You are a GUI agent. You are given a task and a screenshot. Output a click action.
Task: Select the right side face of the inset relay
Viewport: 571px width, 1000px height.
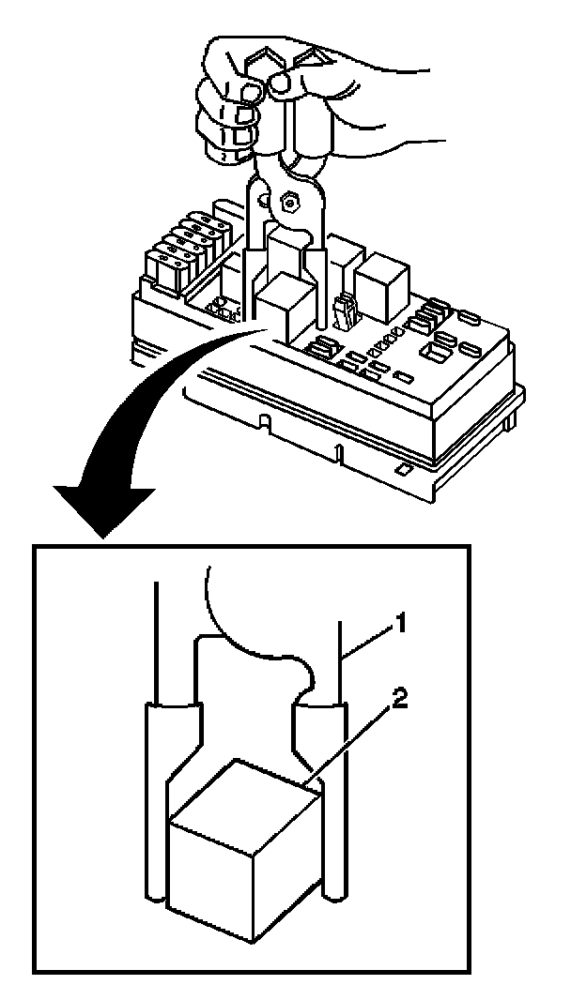tap(291, 858)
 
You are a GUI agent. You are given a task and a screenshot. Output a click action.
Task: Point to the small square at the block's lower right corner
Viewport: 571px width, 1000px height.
tap(403, 466)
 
